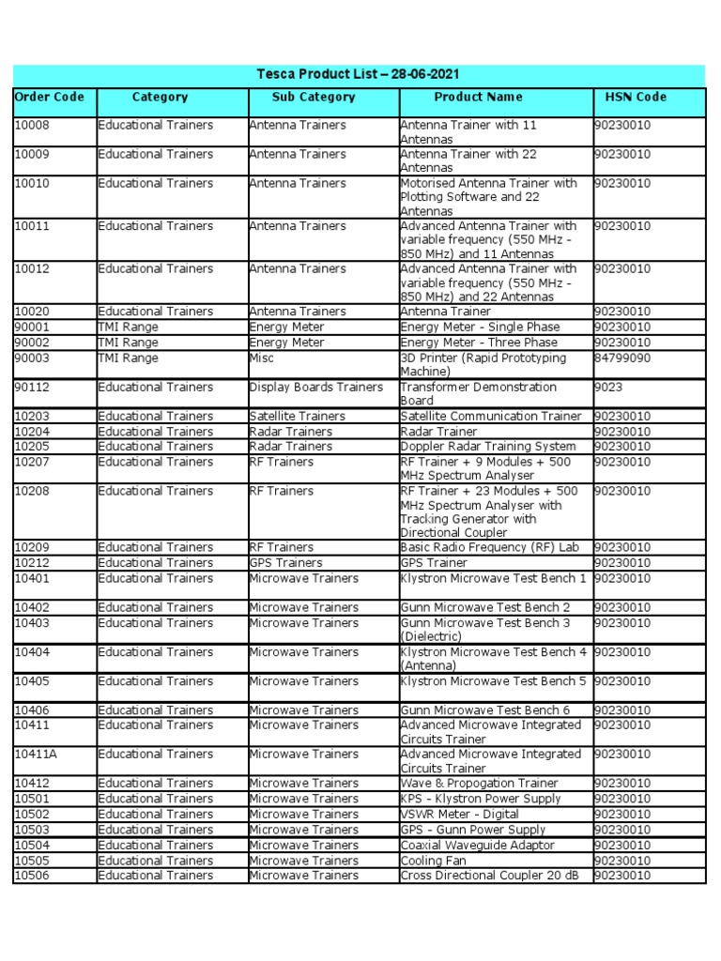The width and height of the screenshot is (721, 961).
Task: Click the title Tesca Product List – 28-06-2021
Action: tap(358, 74)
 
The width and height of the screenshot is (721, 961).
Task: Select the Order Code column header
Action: tap(49, 97)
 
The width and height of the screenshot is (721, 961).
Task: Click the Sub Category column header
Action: tap(314, 97)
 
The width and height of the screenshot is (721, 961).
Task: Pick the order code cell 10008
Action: tap(31, 125)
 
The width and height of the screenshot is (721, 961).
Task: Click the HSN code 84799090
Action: tap(622, 358)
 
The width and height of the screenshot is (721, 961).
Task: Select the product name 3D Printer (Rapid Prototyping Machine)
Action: tap(483, 365)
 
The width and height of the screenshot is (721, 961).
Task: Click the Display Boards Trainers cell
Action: tap(315, 387)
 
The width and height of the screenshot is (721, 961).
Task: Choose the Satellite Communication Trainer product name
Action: tap(491, 416)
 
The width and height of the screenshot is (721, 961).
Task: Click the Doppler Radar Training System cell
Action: tap(488, 446)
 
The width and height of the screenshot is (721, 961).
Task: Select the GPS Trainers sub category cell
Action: tap(285, 562)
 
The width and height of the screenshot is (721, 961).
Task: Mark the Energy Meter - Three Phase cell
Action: tap(480, 343)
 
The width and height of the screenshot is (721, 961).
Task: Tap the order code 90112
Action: tap(31, 387)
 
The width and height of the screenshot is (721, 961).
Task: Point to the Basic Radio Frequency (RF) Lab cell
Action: tap(489, 547)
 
